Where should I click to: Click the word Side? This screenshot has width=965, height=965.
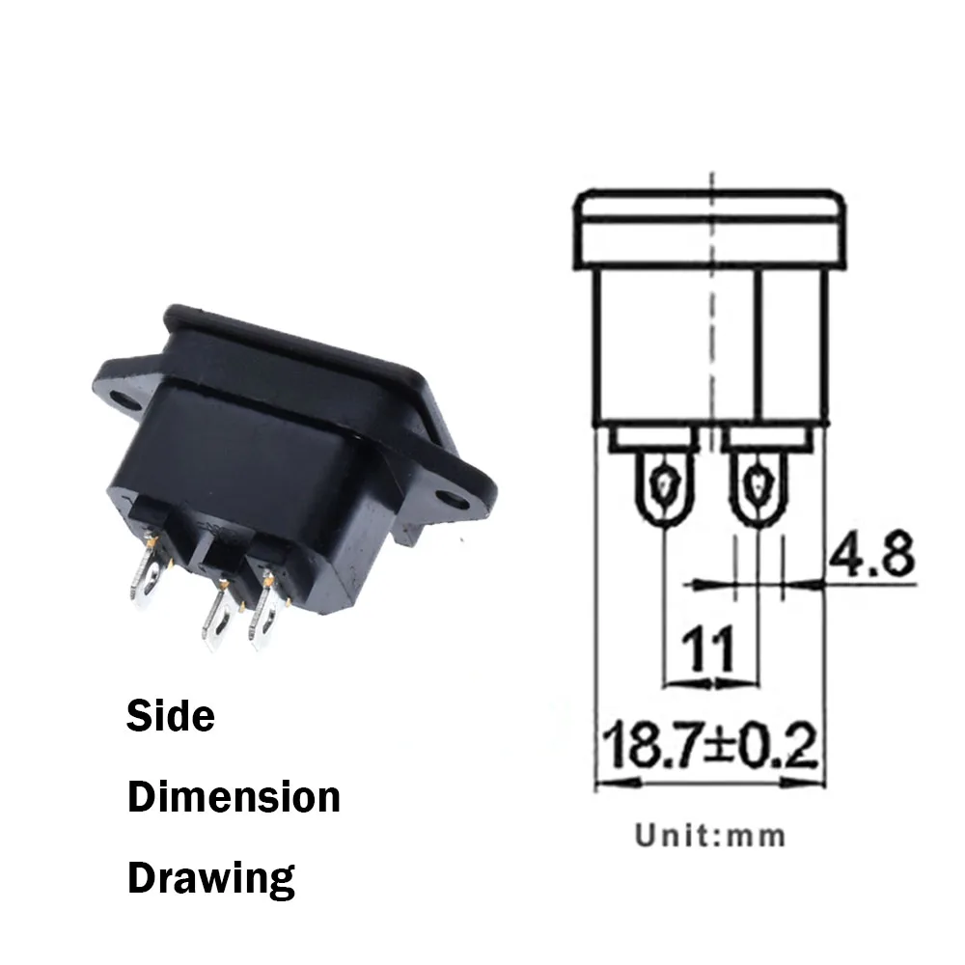coord(171,717)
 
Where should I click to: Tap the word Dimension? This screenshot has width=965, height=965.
coord(234,798)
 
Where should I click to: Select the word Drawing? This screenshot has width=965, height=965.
coord(211,878)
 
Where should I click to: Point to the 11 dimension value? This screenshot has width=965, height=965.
coord(708,648)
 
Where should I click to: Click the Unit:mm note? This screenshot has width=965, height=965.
coord(710,835)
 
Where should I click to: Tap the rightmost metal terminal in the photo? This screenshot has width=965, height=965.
coord(262,613)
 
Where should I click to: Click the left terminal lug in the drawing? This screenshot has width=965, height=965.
coord(665,487)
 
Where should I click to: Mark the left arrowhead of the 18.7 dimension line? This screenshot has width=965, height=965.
coord(604,781)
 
